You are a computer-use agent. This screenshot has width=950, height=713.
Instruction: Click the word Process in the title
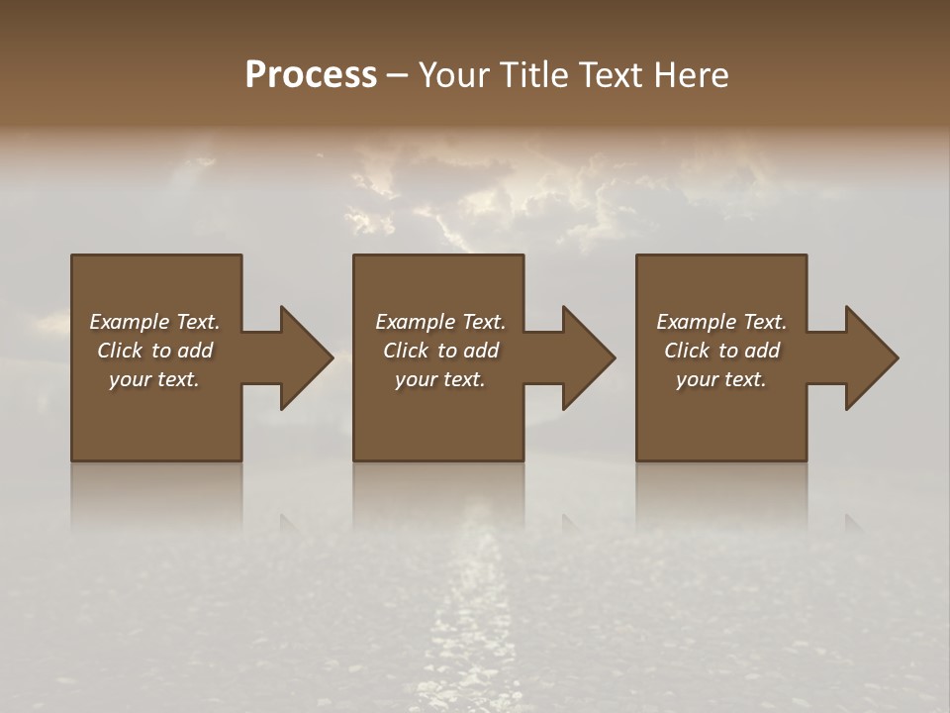[311, 75]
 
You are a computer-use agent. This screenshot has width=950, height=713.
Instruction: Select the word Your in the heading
[453, 75]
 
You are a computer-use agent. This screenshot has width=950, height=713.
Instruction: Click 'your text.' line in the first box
[154, 379]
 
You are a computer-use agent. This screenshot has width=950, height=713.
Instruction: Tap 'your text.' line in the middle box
[440, 379]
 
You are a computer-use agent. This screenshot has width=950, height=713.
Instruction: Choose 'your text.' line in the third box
[721, 379]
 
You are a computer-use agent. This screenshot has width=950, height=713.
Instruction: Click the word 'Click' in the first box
[120, 351]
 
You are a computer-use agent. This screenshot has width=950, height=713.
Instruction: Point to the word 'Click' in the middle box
[406, 351]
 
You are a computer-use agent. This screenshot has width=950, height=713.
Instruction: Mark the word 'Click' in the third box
[687, 351]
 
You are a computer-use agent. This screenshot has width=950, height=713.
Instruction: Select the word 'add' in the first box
[195, 351]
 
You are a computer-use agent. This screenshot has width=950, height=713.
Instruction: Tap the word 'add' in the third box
[762, 351]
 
